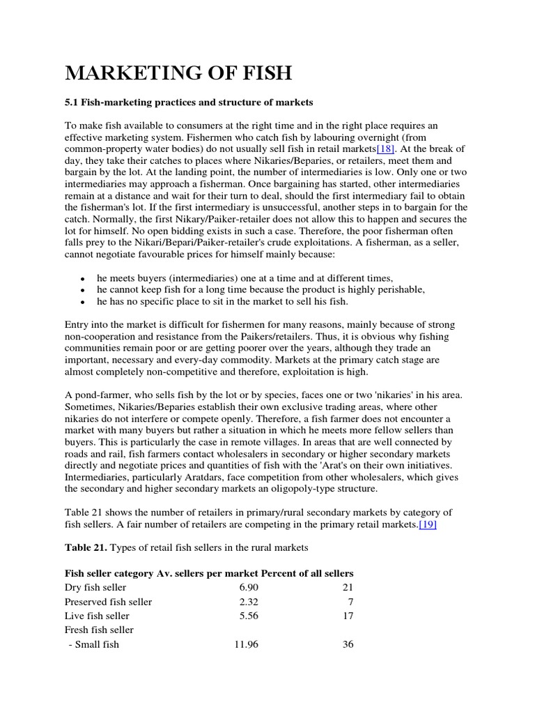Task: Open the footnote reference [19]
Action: point(428,524)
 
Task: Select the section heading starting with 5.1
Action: point(189,102)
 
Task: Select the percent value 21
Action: point(348,588)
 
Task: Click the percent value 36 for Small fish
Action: point(348,644)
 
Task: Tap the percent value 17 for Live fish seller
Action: point(348,616)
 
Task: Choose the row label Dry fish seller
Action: point(95,588)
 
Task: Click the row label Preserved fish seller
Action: point(108,602)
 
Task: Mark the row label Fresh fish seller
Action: point(99,630)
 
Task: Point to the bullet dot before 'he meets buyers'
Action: point(83,278)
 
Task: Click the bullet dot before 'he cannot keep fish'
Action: point(83,290)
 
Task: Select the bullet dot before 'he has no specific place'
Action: point(83,303)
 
